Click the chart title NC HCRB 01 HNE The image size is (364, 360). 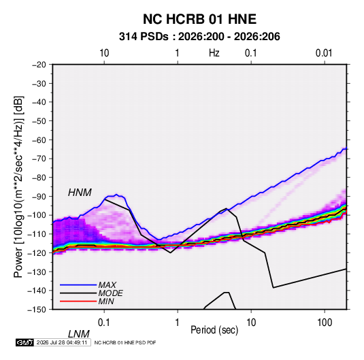click(199, 19)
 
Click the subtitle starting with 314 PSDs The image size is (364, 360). click(199, 37)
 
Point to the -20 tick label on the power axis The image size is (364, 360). click(39, 65)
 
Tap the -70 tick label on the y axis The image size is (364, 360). click(39, 159)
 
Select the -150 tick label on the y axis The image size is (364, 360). click(37, 309)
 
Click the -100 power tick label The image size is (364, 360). click(37, 215)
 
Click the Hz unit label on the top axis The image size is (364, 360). click(214, 53)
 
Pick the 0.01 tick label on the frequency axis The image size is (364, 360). click(324, 53)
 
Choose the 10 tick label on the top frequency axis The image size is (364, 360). click(104, 53)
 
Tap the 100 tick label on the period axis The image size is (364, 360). click(325, 323)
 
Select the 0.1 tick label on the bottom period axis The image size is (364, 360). click(104, 323)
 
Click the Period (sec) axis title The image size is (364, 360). click(214, 330)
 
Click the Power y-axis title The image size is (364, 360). click(18, 187)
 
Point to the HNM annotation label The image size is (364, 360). click(80, 193)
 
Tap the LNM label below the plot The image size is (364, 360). click(79, 334)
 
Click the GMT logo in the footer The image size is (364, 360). click(24, 342)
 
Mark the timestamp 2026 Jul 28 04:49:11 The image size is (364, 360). click(62, 342)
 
